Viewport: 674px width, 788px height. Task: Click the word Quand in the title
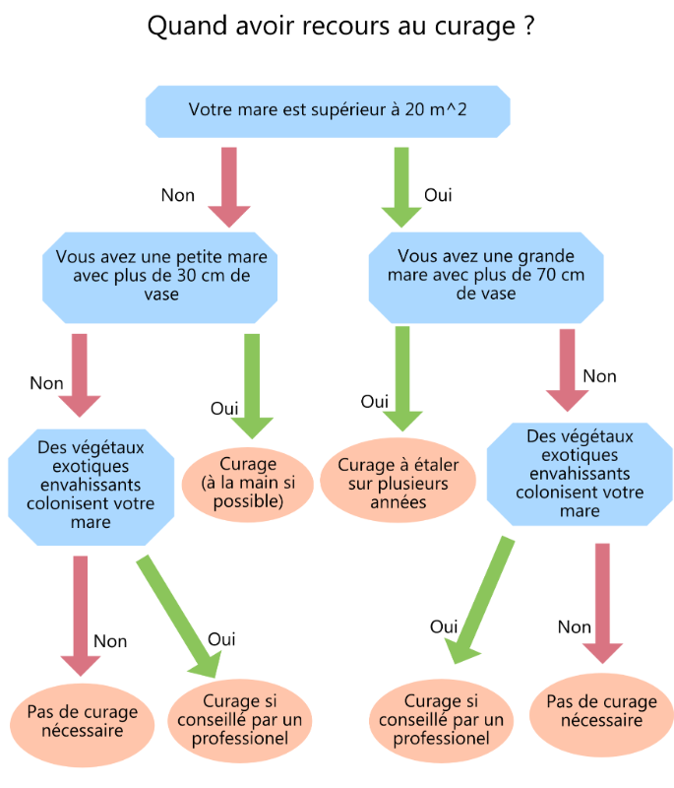click(x=187, y=26)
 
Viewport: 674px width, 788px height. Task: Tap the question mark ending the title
click(x=529, y=26)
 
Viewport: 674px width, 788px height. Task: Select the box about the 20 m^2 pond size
click(x=328, y=111)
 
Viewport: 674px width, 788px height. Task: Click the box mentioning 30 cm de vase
click(x=160, y=278)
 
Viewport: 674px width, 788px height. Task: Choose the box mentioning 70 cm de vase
click(x=486, y=278)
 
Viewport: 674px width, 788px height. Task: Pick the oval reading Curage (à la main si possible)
click(x=248, y=483)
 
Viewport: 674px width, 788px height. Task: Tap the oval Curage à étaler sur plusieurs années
click(x=398, y=481)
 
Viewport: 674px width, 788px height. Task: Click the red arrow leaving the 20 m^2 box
click(x=229, y=187)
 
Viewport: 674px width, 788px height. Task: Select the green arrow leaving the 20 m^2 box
click(x=401, y=187)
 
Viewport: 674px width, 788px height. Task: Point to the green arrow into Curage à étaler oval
click(x=402, y=378)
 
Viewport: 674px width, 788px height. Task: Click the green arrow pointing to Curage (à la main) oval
click(x=252, y=386)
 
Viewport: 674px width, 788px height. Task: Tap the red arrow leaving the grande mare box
click(x=567, y=370)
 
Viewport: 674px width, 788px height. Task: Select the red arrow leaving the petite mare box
click(x=80, y=375)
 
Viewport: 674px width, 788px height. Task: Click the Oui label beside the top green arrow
click(x=438, y=195)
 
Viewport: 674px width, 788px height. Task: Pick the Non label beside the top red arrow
click(x=178, y=195)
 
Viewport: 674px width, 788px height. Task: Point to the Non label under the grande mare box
click(x=600, y=376)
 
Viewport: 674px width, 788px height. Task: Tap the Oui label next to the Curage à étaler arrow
click(x=374, y=402)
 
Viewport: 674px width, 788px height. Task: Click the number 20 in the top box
click(x=414, y=109)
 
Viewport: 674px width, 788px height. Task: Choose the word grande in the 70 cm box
click(x=546, y=256)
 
